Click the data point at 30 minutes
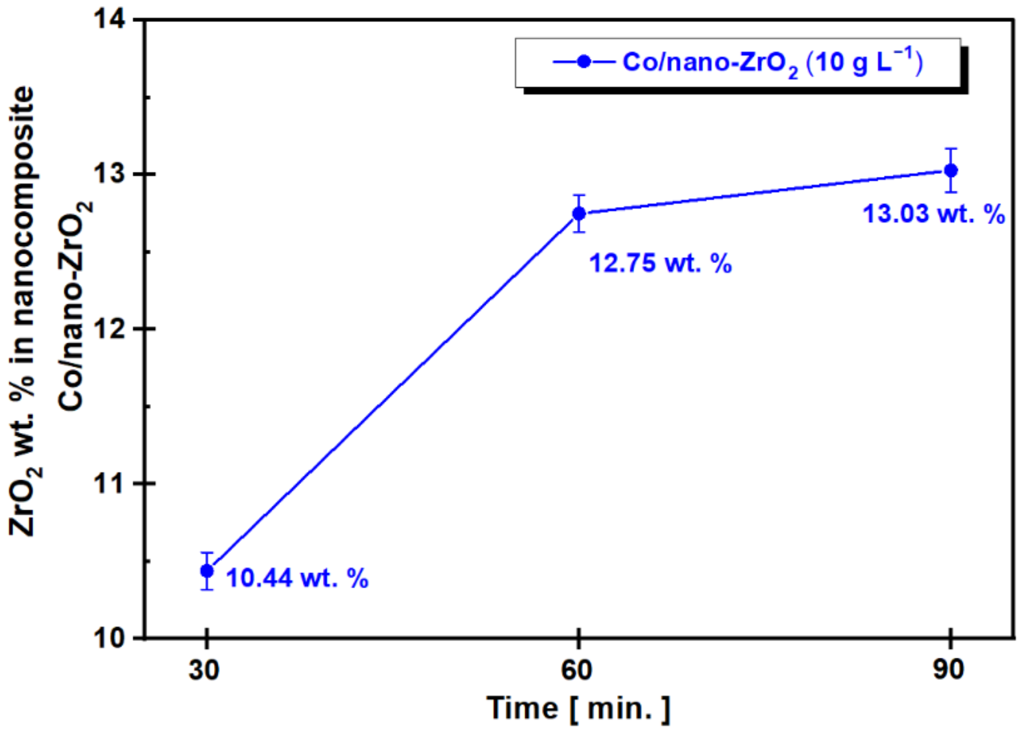pos(207,571)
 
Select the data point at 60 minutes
pos(579,214)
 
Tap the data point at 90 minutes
pos(951,170)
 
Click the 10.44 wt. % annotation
pos(297,578)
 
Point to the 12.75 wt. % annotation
pos(660,263)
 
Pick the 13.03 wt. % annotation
pos(934,214)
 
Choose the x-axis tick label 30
pos(204,670)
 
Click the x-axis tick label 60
pos(576,670)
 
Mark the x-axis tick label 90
pos(948,670)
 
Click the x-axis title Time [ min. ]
pos(579,708)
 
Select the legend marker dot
pos(584,62)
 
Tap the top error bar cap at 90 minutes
pos(951,149)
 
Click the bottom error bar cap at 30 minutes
pos(207,589)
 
